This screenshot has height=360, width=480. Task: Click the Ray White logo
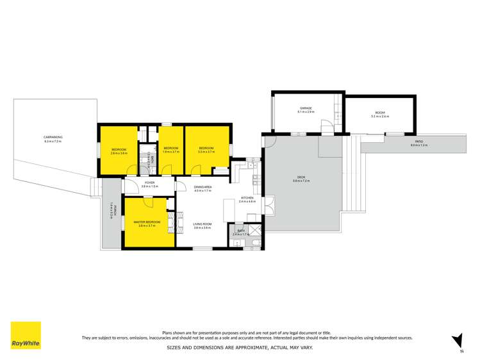click(x=26, y=335)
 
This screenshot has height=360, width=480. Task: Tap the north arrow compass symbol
click(x=457, y=341)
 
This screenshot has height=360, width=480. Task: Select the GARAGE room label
click(x=306, y=108)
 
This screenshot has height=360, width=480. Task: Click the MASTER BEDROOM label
click(x=147, y=222)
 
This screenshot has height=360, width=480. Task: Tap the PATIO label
click(x=419, y=142)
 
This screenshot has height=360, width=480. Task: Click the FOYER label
click(x=149, y=183)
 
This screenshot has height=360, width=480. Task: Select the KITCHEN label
click(x=247, y=198)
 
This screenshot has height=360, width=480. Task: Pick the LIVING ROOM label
click(x=203, y=224)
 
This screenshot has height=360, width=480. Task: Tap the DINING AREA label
click(x=203, y=187)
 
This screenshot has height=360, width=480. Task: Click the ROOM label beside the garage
click(x=380, y=113)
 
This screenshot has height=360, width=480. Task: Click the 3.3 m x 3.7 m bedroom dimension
click(x=206, y=152)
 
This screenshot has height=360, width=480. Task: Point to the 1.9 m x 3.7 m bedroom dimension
click(x=171, y=152)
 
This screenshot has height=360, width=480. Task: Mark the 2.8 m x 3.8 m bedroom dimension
click(x=119, y=153)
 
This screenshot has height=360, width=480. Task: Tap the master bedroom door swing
click(x=147, y=202)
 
